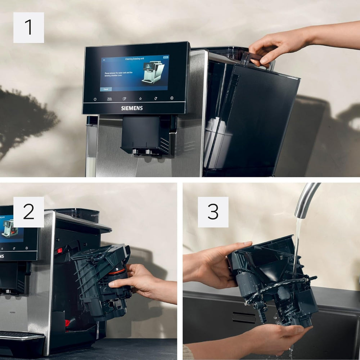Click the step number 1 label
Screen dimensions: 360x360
pyautogui.click(x=29, y=28)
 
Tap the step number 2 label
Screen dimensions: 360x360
pyautogui.click(x=29, y=212)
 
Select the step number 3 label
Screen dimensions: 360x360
pyautogui.click(x=213, y=212)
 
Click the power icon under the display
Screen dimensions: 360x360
pyautogui.click(x=95, y=99)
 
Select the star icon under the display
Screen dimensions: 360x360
pyautogui.click(x=140, y=98)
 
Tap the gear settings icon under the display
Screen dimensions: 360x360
pyautogui.click(x=172, y=98)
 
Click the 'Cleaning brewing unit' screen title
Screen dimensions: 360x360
pyautogui.click(x=134, y=58)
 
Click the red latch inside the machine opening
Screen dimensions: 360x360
pyautogui.click(x=59, y=250)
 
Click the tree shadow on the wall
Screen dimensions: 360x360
pyautogui.click(x=25, y=119)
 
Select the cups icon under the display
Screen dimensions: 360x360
pyautogui.click(x=125, y=99)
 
